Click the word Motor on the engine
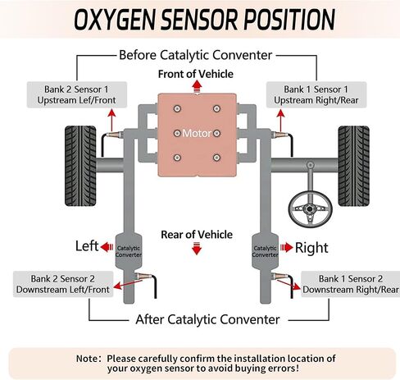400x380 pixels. (197, 133)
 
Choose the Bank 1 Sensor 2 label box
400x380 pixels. (350, 284)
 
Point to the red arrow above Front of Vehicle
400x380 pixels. (195, 85)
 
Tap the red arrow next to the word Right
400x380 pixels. (285, 246)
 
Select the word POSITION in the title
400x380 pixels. (287, 20)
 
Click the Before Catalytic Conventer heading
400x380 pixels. (195, 56)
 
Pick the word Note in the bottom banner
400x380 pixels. (89, 359)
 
